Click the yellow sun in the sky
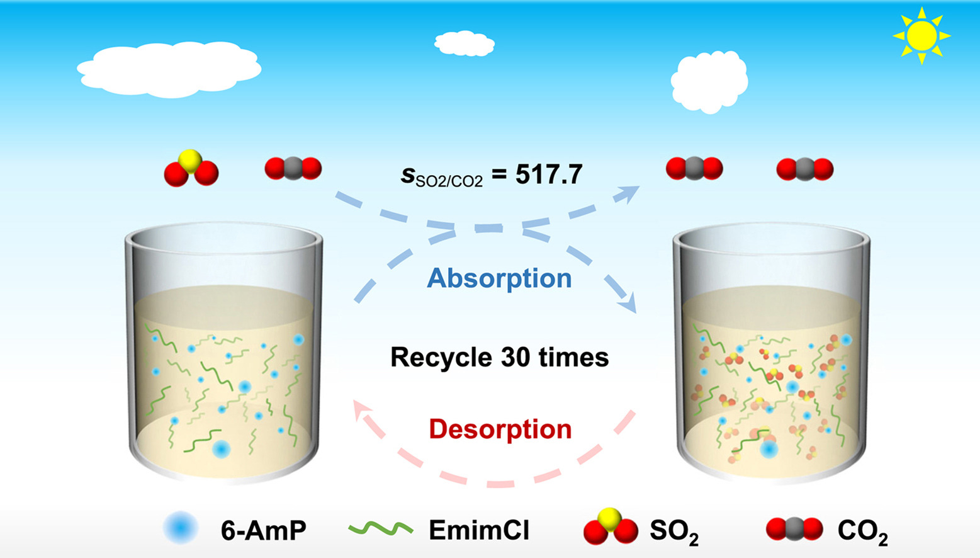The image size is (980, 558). point(921,36)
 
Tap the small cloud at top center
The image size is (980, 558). point(465,43)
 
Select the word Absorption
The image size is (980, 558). point(499,278)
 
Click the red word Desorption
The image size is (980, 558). point(500,430)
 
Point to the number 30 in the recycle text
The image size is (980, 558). point(515,358)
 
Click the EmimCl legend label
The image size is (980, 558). point(479,530)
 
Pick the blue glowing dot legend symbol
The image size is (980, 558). point(181,528)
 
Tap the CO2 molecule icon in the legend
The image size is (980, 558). point(794,530)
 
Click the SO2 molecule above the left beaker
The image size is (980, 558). point(191,168)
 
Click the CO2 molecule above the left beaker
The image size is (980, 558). point(293,169)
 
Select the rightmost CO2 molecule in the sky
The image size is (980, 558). point(805,169)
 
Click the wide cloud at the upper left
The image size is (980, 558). point(169,69)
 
